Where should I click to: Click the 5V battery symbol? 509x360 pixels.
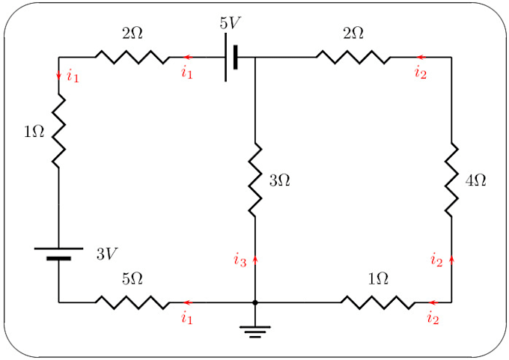click(231, 57)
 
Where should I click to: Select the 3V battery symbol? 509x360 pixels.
click(58, 253)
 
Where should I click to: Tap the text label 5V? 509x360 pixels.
click(231, 22)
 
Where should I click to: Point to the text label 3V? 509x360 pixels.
click(106, 254)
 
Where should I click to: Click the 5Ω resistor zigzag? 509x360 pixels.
click(132, 302)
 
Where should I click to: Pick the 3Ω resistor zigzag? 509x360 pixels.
click(255, 180)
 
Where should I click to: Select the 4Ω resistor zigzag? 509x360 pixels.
click(451, 180)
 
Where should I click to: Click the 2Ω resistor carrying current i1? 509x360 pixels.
click(132, 57)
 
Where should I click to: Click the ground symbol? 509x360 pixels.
click(255, 330)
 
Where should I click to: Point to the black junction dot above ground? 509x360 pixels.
click(255, 302)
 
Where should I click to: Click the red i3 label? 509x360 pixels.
click(239, 261)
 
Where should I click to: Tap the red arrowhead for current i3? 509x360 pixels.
click(255, 259)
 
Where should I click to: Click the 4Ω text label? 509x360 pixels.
click(476, 180)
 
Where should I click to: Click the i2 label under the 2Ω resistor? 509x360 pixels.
click(421, 73)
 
